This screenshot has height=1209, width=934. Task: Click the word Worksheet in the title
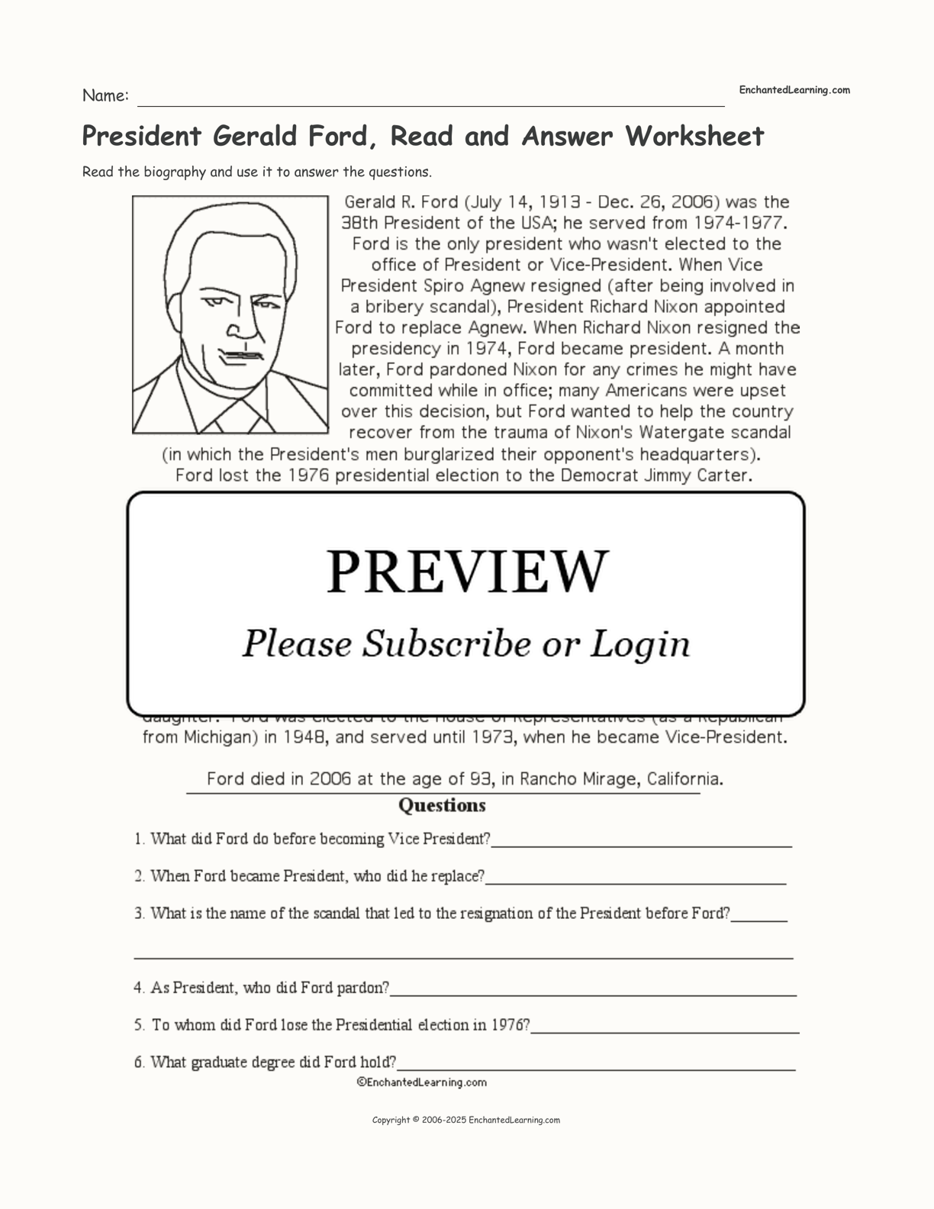tap(695, 137)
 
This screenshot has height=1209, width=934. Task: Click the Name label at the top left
tap(105, 96)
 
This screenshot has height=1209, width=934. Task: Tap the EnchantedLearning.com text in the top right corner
tap(794, 90)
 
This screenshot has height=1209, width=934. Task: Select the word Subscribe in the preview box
tap(445, 643)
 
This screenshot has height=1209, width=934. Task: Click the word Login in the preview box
tap(641, 643)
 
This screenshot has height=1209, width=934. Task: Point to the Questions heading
tap(442, 805)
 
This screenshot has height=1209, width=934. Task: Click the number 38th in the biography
tap(360, 223)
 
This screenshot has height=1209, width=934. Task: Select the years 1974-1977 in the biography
tap(738, 223)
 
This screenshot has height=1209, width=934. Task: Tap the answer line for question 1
tap(641, 844)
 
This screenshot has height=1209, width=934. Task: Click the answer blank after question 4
tap(592, 993)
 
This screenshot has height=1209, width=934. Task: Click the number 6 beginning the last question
tap(139, 1062)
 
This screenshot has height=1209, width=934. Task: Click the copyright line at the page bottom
tap(466, 1120)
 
